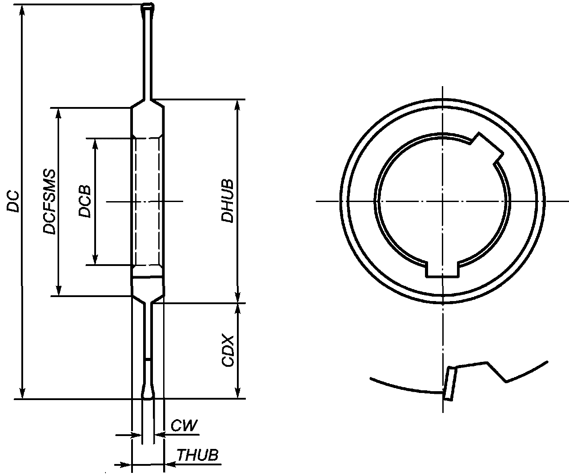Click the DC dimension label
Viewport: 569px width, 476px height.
[13, 201]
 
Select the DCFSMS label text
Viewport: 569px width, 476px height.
[49, 202]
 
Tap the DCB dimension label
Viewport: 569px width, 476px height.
[84, 202]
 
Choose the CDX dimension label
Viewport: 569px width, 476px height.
[228, 351]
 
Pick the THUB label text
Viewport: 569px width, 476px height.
[198, 455]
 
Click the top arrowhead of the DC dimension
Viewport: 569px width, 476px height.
[22, 11]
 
